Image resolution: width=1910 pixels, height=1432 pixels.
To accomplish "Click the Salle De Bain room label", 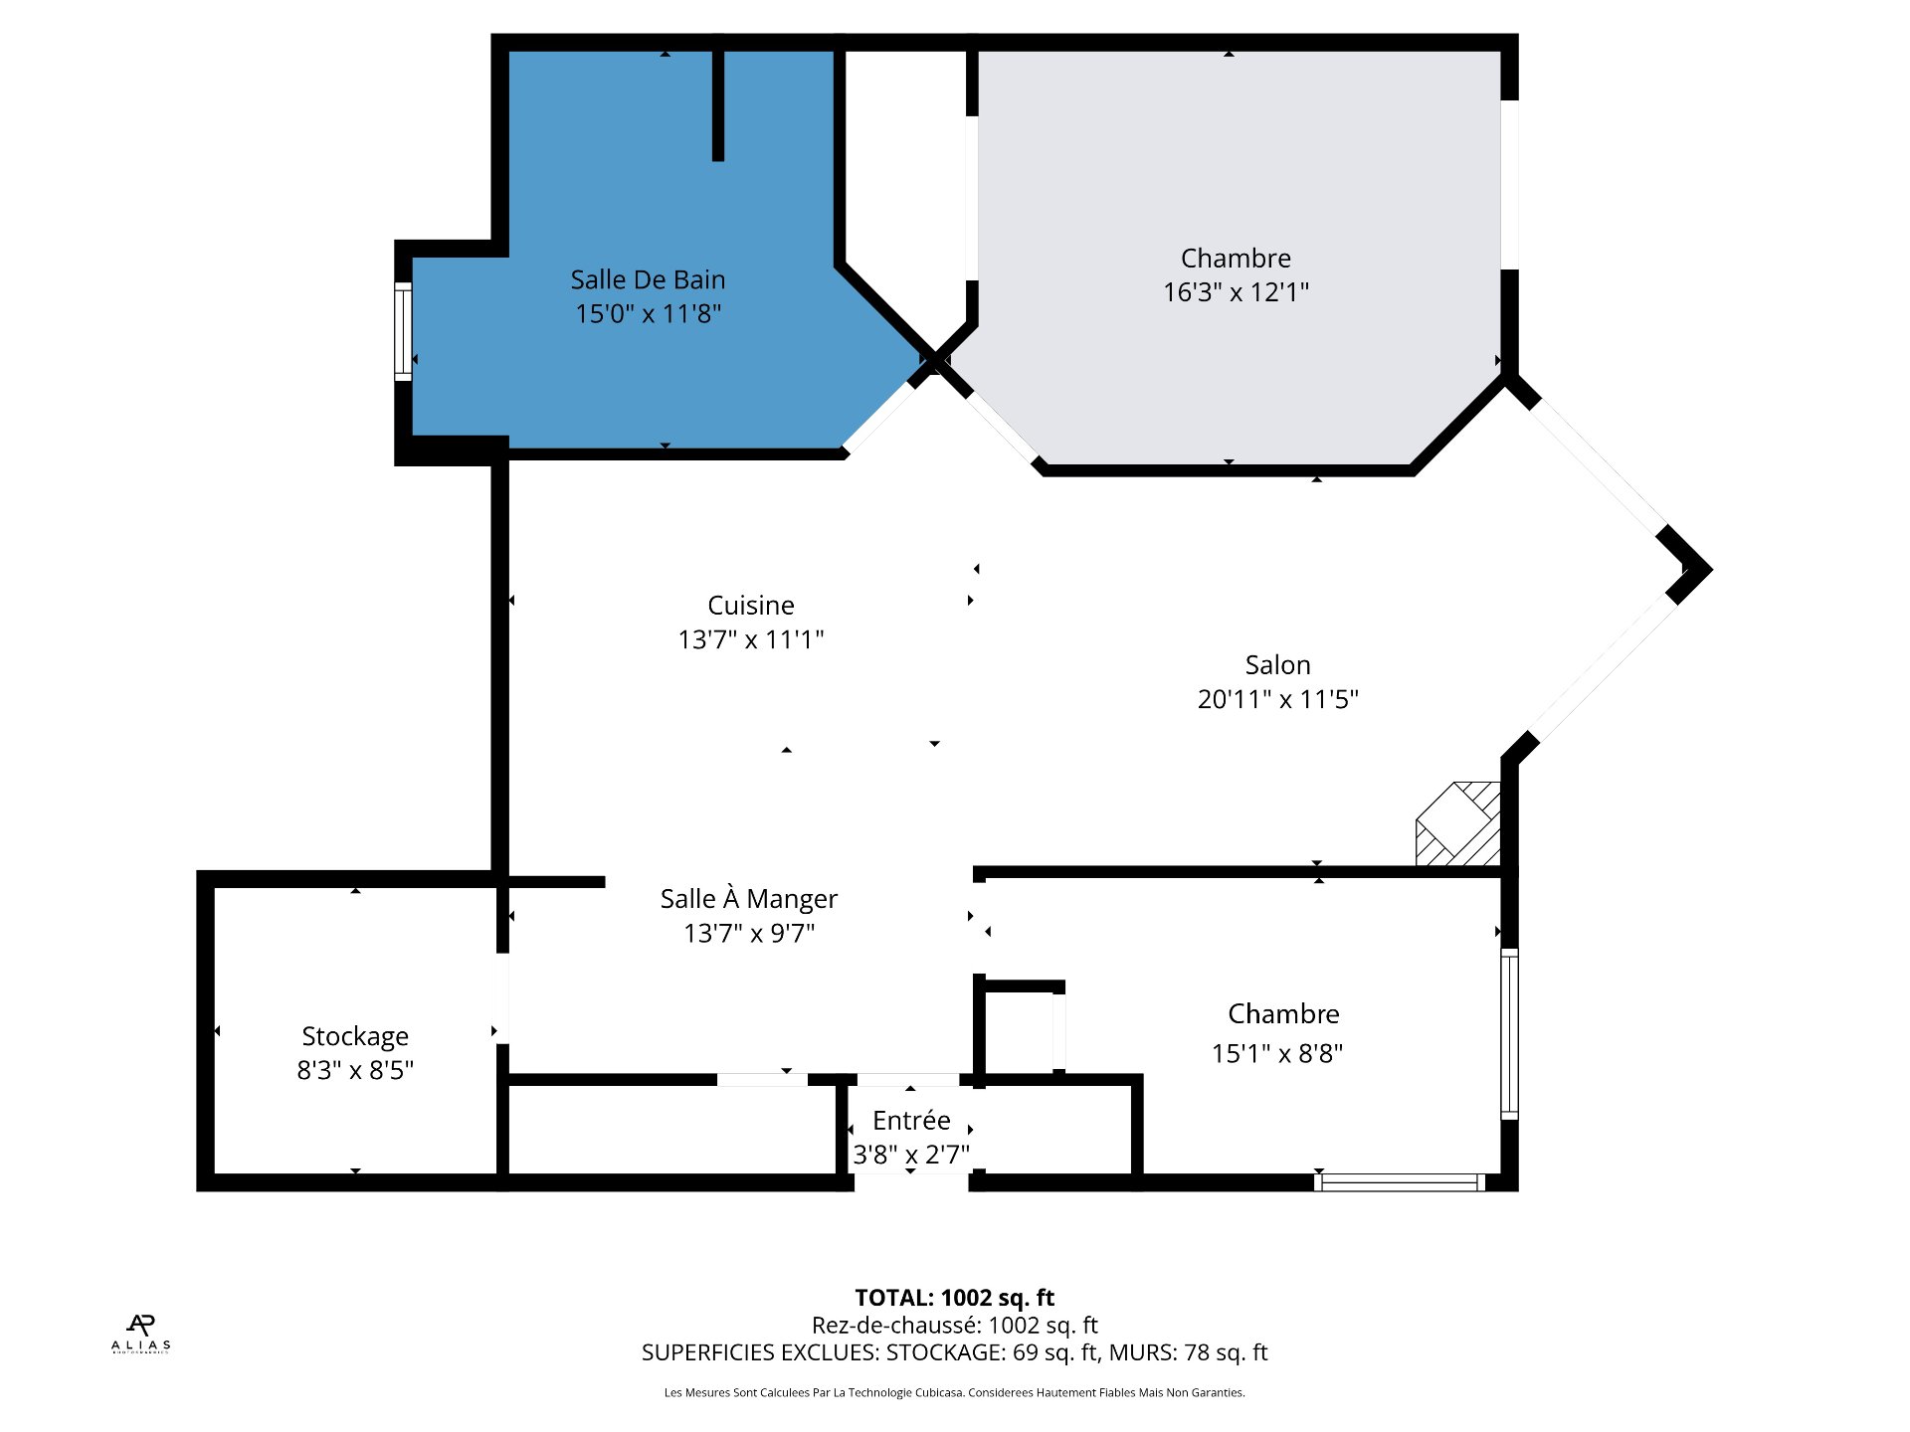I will (x=648, y=279).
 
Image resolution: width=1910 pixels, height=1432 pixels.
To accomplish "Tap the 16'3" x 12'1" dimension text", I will (x=1236, y=292).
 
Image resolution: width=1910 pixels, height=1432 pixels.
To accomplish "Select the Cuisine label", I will (x=750, y=605).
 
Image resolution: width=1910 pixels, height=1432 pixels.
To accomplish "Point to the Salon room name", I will (x=1277, y=664).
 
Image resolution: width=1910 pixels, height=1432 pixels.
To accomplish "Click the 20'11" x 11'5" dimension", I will (x=1277, y=699).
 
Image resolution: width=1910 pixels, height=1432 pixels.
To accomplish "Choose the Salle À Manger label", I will (x=748, y=899).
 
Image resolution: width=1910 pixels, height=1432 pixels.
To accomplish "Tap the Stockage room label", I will (x=355, y=1036).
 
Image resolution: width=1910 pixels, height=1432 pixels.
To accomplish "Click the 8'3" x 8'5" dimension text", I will (x=355, y=1070).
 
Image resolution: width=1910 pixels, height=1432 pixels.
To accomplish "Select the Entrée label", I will (x=911, y=1121).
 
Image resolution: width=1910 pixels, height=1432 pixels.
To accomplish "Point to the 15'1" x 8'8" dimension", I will (x=1277, y=1053).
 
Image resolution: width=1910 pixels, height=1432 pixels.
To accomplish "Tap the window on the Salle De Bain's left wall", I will (x=403, y=331).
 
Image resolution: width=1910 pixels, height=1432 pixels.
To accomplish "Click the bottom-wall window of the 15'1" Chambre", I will (x=1399, y=1182).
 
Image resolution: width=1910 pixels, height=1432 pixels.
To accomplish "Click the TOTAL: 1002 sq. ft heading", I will (x=954, y=1298).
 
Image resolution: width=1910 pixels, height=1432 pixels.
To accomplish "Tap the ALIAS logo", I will (x=140, y=1334).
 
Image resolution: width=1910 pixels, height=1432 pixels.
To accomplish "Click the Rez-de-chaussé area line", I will (x=954, y=1325).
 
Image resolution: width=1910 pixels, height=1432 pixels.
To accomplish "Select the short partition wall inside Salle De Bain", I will (x=717, y=104).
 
